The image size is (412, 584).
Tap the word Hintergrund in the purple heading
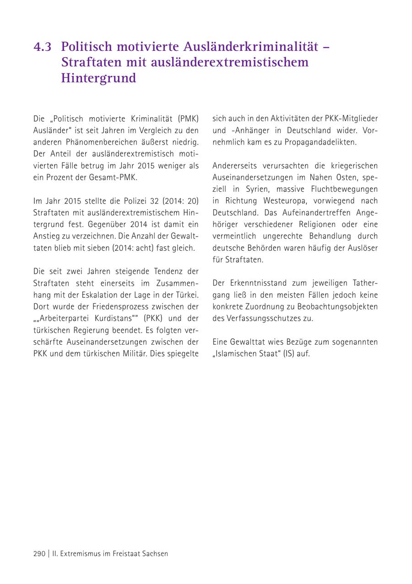[x=98, y=78]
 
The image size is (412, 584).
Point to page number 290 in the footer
[x=39, y=553]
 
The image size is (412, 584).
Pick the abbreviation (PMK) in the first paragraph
[x=188, y=119]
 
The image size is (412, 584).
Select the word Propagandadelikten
[x=320, y=142]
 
